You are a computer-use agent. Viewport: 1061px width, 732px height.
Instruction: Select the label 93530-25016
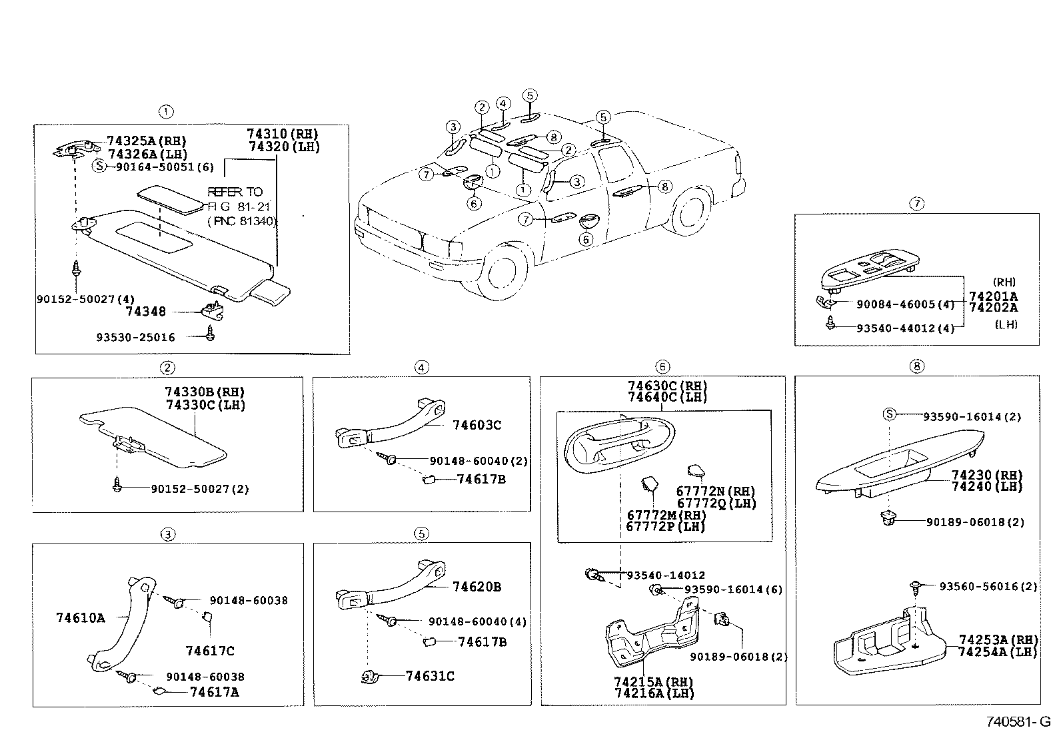pyautogui.click(x=135, y=337)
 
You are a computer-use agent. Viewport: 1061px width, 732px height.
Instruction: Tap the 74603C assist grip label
pyautogui.click(x=477, y=425)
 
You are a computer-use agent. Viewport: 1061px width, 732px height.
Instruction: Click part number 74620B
pyautogui.click(x=477, y=587)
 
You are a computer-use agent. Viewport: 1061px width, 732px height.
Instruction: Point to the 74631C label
pyautogui.click(x=430, y=676)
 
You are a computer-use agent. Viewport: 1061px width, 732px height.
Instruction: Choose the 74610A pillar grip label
pyautogui.click(x=81, y=617)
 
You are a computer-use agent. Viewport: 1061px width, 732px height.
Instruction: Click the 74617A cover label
pyautogui.click(x=214, y=692)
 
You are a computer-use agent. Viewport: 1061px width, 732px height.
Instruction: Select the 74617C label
pyautogui.click(x=210, y=651)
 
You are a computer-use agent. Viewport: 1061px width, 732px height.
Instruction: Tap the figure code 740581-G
pyautogui.click(x=1018, y=721)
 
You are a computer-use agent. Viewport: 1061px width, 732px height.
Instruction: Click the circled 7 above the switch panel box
pyautogui.click(x=917, y=204)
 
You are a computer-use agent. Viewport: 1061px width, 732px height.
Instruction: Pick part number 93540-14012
pyautogui.click(x=665, y=575)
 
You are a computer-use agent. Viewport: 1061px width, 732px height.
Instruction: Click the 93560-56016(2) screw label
pyautogui.click(x=988, y=586)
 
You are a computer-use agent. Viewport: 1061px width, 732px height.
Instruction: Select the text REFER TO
pyautogui.click(x=235, y=192)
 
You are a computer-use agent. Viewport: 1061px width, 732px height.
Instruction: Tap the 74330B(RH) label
pyautogui.click(x=204, y=392)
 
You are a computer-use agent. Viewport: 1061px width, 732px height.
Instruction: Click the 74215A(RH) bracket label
pyautogui.click(x=654, y=682)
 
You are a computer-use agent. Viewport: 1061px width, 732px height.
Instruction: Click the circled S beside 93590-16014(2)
pyautogui.click(x=889, y=414)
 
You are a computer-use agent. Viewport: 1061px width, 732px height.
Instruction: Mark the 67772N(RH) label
pyautogui.click(x=715, y=492)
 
